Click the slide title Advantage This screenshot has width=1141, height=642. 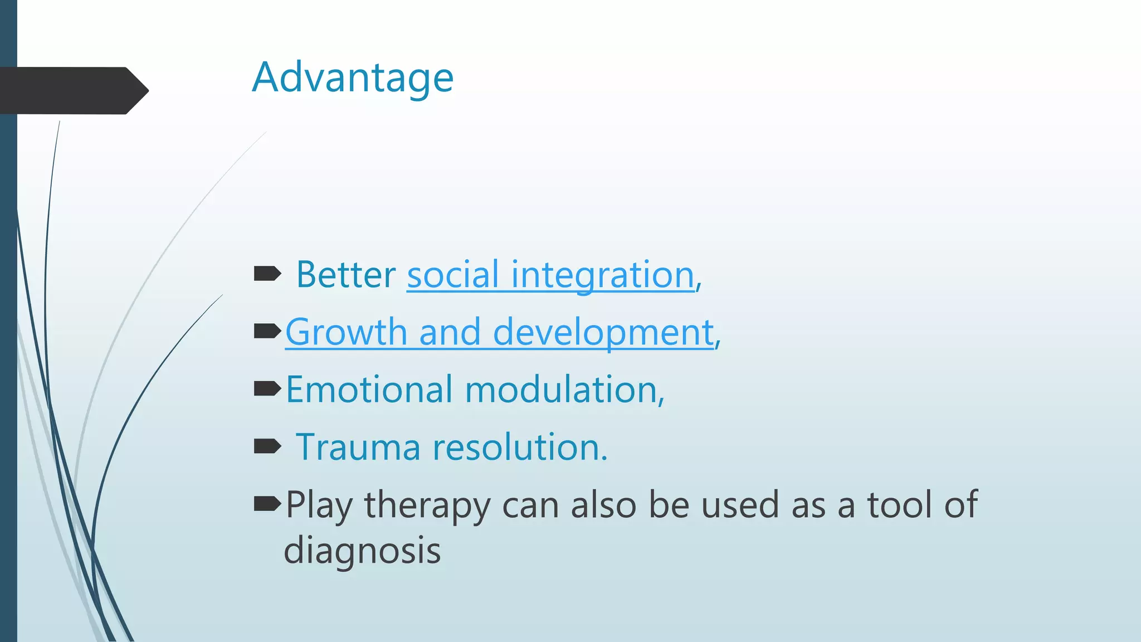pos(353,78)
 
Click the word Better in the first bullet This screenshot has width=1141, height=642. pos(345,275)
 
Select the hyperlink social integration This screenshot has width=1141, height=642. pos(550,275)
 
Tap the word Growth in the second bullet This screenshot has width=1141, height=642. pos(346,332)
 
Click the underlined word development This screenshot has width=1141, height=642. pos(603,332)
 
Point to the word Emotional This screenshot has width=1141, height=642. pos(369,390)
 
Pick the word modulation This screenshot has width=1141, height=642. pos(564,390)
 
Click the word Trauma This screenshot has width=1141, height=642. pos(358,447)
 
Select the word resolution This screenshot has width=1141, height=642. pos(519,447)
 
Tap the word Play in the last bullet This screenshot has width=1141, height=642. pos(319,505)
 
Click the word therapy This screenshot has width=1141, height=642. pos(427,505)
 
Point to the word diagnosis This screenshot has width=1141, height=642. pos(362,551)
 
